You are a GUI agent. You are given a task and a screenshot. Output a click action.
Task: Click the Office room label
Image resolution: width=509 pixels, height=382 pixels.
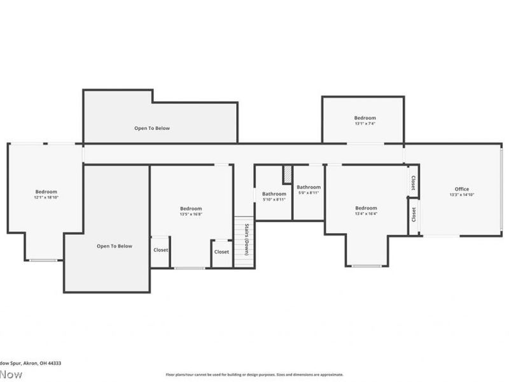(x=461, y=189)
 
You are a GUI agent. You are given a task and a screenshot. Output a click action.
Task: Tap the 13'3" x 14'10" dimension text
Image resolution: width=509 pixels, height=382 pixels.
(x=461, y=195)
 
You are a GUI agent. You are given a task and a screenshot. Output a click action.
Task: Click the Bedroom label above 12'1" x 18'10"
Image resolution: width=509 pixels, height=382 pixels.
(x=46, y=192)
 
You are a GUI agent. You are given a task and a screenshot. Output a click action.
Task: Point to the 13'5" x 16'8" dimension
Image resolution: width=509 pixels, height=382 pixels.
(x=190, y=215)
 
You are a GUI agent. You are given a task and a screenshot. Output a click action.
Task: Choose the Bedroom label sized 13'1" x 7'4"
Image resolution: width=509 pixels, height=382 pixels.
(x=365, y=118)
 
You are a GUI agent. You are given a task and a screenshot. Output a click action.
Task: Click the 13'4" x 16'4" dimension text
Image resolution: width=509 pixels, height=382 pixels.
(x=366, y=214)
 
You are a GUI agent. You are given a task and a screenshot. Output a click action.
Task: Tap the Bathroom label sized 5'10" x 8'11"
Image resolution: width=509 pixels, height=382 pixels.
(x=274, y=194)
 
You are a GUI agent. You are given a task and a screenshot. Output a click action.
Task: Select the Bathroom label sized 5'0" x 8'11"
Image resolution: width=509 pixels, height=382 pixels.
(x=309, y=187)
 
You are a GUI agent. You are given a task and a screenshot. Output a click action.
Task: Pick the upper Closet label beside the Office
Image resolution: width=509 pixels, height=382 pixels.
(x=413, y=183)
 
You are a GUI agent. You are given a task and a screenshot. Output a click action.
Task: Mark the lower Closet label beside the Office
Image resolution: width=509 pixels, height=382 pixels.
(x=413, y=215)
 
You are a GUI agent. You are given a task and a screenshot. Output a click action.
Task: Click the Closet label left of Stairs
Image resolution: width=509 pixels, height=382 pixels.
(x=221, y=251)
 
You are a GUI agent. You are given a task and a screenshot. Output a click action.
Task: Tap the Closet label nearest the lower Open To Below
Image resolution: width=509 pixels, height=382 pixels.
(x=160, y=250)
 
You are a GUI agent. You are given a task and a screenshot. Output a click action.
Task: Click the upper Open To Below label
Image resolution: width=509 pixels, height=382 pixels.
(x=152, y=128)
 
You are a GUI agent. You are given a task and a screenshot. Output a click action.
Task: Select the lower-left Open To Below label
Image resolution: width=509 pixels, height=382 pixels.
(x=115, y=246)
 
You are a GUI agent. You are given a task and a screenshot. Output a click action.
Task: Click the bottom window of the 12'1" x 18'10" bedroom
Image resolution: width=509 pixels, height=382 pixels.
(x=43, y=260)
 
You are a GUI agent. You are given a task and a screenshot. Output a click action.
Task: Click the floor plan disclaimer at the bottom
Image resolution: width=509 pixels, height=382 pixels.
(x=254, y=374)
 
